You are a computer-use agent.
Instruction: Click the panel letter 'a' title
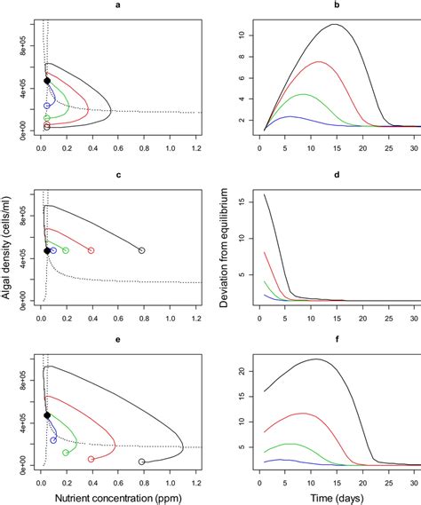coord(118,6)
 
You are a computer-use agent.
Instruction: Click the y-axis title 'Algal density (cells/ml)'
coord(7,252)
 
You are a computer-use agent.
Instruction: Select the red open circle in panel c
coord(91,251)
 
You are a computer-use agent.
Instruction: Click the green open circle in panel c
coord(66,251)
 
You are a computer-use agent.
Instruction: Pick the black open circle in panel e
coord(142,462)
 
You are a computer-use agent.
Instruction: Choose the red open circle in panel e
coord(91,459)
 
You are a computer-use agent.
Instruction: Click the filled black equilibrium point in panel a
coord(47,81)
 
